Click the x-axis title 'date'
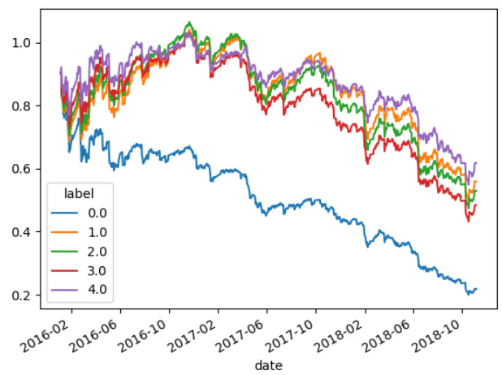click(268, 365)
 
